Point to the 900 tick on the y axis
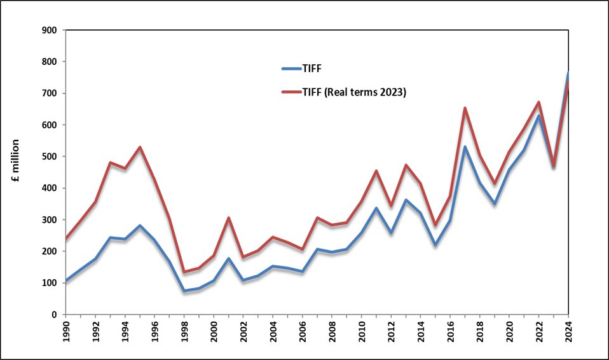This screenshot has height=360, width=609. point(49,30)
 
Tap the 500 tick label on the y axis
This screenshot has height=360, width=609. point(49,156)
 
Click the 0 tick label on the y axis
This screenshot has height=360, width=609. point(54,314)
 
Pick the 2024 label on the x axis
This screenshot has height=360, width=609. point(568,332)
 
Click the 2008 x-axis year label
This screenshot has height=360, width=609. point(332,332)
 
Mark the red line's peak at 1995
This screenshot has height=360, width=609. point(140,148)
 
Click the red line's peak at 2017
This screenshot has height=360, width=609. point(465,108)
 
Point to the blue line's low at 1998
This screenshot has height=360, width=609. point(184,291)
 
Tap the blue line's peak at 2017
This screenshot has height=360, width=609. point(465,147)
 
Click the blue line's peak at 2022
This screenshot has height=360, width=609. point(538,115)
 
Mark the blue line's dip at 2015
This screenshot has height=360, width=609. point(435,245)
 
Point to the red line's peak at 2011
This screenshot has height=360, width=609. point(376,170)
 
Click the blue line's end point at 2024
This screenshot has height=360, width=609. point(568,73)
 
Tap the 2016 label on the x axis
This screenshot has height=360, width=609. point(450,332)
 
